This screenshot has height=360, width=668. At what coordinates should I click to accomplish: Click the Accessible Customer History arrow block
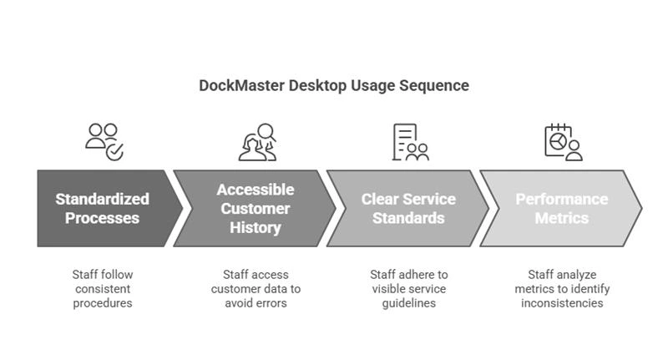pos(255,208)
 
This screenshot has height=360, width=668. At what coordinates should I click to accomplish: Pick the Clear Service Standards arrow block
pos(408,208)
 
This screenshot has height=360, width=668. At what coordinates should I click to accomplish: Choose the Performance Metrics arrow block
pos(561,208)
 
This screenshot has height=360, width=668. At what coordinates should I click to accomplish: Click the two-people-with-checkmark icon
pos(104,141)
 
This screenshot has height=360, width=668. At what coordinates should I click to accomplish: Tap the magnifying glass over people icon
pos(256,141)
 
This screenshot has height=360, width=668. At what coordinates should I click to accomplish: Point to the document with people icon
pos(409,141)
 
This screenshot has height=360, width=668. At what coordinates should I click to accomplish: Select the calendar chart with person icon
pos(562,141)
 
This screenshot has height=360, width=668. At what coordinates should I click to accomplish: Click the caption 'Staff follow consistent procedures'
pos(103,288)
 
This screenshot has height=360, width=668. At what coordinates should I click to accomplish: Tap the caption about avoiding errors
pos(256,288)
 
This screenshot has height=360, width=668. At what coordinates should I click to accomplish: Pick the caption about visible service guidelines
pos(408,288)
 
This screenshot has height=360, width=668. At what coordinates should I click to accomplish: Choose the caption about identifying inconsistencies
pos(562,288)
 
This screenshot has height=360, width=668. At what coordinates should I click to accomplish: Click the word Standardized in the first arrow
pos(103,199)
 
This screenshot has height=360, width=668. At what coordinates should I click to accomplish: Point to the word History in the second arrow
pos(255,227)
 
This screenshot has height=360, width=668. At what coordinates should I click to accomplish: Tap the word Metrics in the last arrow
pos(562,218)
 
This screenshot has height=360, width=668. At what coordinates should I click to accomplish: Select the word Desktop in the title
pos(317,85)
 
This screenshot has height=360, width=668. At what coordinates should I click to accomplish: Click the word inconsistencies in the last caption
pos(562,303)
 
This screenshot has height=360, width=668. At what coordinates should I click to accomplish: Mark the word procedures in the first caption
pos(103,303)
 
